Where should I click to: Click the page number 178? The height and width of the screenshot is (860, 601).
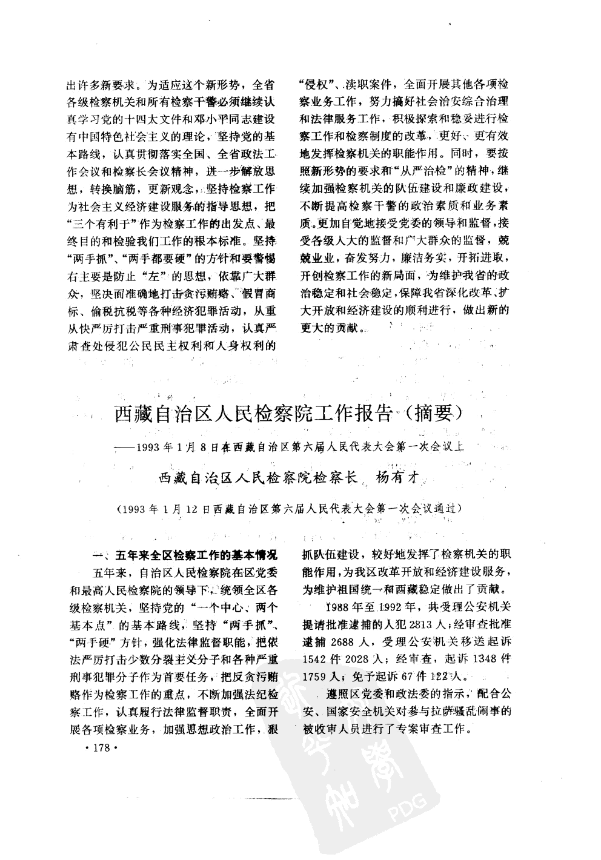(97, 749)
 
